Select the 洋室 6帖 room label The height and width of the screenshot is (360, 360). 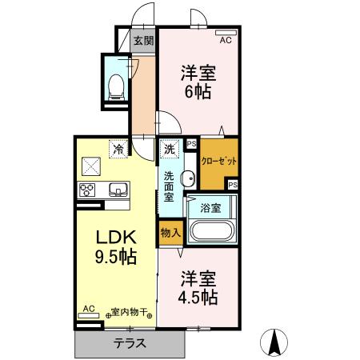click(195, 81)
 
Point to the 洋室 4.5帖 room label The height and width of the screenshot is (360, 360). click(198, 288)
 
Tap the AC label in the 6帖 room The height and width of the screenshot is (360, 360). click(225, 39)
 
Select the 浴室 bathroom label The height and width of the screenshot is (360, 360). click(210, 207)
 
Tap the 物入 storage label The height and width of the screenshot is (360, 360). click(170, 232)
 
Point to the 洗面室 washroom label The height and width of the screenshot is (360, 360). click(170, 186)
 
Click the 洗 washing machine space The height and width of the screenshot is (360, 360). click(170, 149)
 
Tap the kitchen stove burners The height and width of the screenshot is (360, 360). click(87, 190)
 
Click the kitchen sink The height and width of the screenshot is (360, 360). click(118, 190)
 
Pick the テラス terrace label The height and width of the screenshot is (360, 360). click(130, 344)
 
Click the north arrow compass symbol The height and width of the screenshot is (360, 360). click(274, 342)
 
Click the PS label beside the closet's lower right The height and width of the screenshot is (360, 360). click(232, 184)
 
